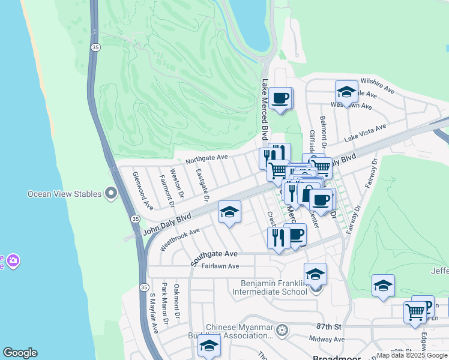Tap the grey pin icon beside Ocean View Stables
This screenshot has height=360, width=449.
click(x=110, y=193)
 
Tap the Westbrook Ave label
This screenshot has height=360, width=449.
click(x=179, y=239)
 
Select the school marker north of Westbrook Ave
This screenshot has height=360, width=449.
click(x=229, y=212)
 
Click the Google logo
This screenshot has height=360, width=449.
click(x=20, y=353)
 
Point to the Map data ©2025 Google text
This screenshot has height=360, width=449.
click(x=412, y=355)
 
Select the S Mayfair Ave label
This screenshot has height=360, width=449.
click(x=153, y=313)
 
